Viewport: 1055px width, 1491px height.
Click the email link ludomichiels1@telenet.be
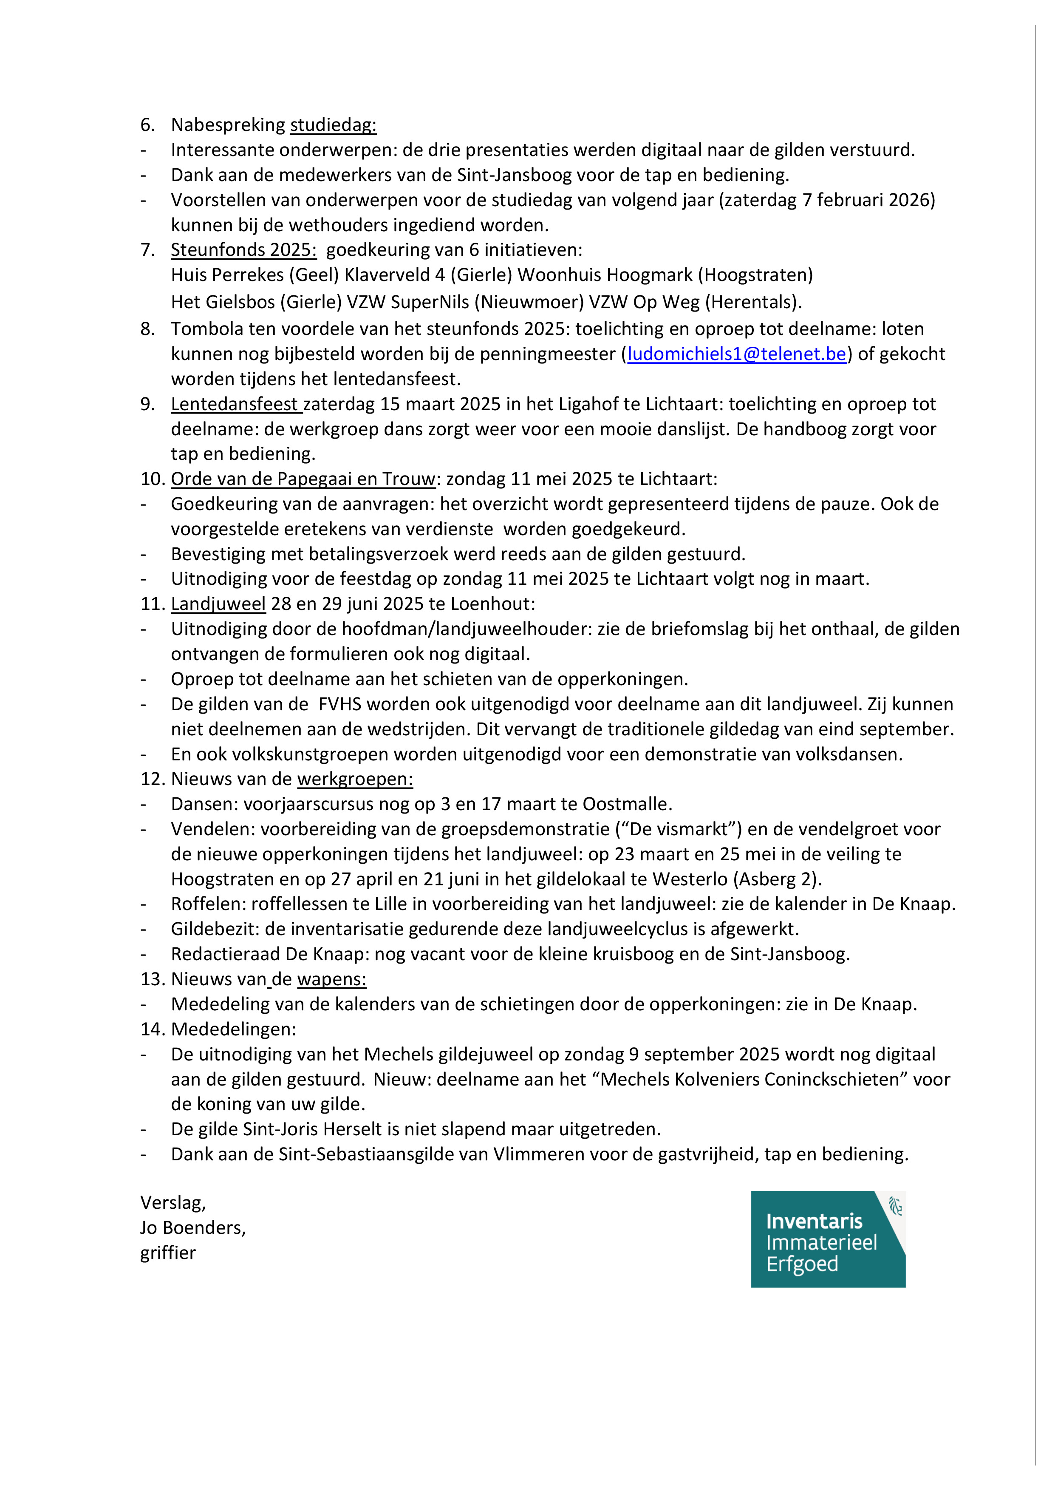click(x=736, y=354)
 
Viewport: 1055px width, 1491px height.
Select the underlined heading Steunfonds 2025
click(x=243, y=250)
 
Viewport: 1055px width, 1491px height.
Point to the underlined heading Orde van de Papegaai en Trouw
click(x=303, y=479)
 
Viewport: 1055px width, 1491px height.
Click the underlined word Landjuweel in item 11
click(x=218, y=604)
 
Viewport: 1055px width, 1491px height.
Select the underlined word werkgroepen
click(x=355, y=779)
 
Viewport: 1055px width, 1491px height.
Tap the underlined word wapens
click(x=331, y=979)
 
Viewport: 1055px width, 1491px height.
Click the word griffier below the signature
click(x=167, y=1253)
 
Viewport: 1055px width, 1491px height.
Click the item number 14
click(x=152, y=1029)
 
